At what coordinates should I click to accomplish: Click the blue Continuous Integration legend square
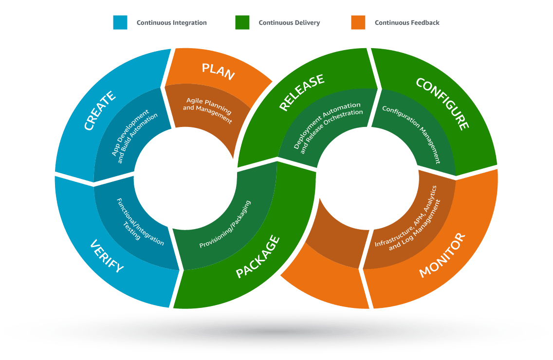pyautogui.click(x=120, y=22)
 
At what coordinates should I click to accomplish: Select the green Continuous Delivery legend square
pyautogui.click(x=242, y=22)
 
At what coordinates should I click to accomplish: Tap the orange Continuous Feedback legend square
pyautogui.click(x=358, y=22)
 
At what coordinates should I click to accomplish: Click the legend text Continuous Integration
pyautogui.click(x=171, y=23)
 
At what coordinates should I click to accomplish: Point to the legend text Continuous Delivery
pyautogui.click(x=289, y=23)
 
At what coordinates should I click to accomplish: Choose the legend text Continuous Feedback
pyautogui.click(x=407, y=23)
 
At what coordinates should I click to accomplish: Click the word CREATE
pyautogui.click(x=99, y=110)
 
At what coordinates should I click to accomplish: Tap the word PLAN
pyautogui.click(x=218, y=72)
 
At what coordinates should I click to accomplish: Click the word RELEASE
pyautogui.click(x=302, y=93)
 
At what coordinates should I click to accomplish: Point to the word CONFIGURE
pyautogui.click(x=442, y=104)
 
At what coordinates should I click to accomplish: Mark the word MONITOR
pyautogui.click(x=442, y=256)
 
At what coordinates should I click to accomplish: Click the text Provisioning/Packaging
pyautogui.click(x=225, y=224)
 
